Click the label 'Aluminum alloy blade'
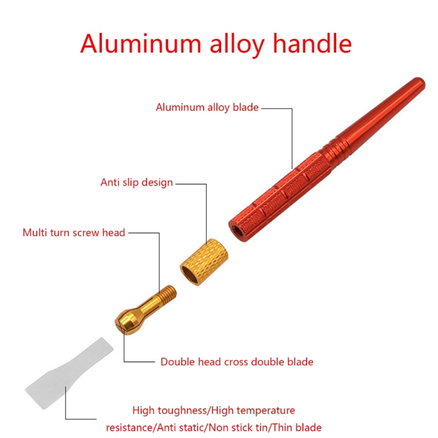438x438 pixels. [207, 107]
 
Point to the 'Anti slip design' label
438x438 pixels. [136, 182]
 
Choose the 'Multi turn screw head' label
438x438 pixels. [74, 233]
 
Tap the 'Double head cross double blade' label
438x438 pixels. [237, 362]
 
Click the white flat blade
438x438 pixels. [71, 372]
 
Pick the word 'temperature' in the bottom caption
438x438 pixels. [268, 411]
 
